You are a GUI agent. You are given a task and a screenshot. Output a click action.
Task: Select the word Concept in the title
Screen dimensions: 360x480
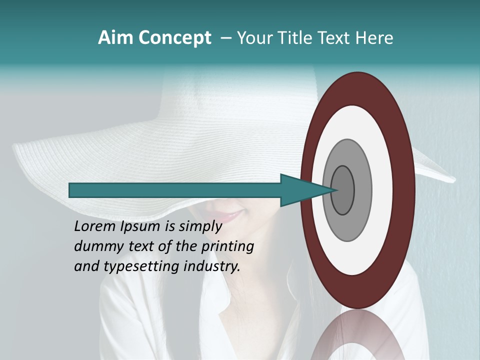175,38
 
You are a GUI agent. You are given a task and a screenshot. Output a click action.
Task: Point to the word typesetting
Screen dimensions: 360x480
132,267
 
